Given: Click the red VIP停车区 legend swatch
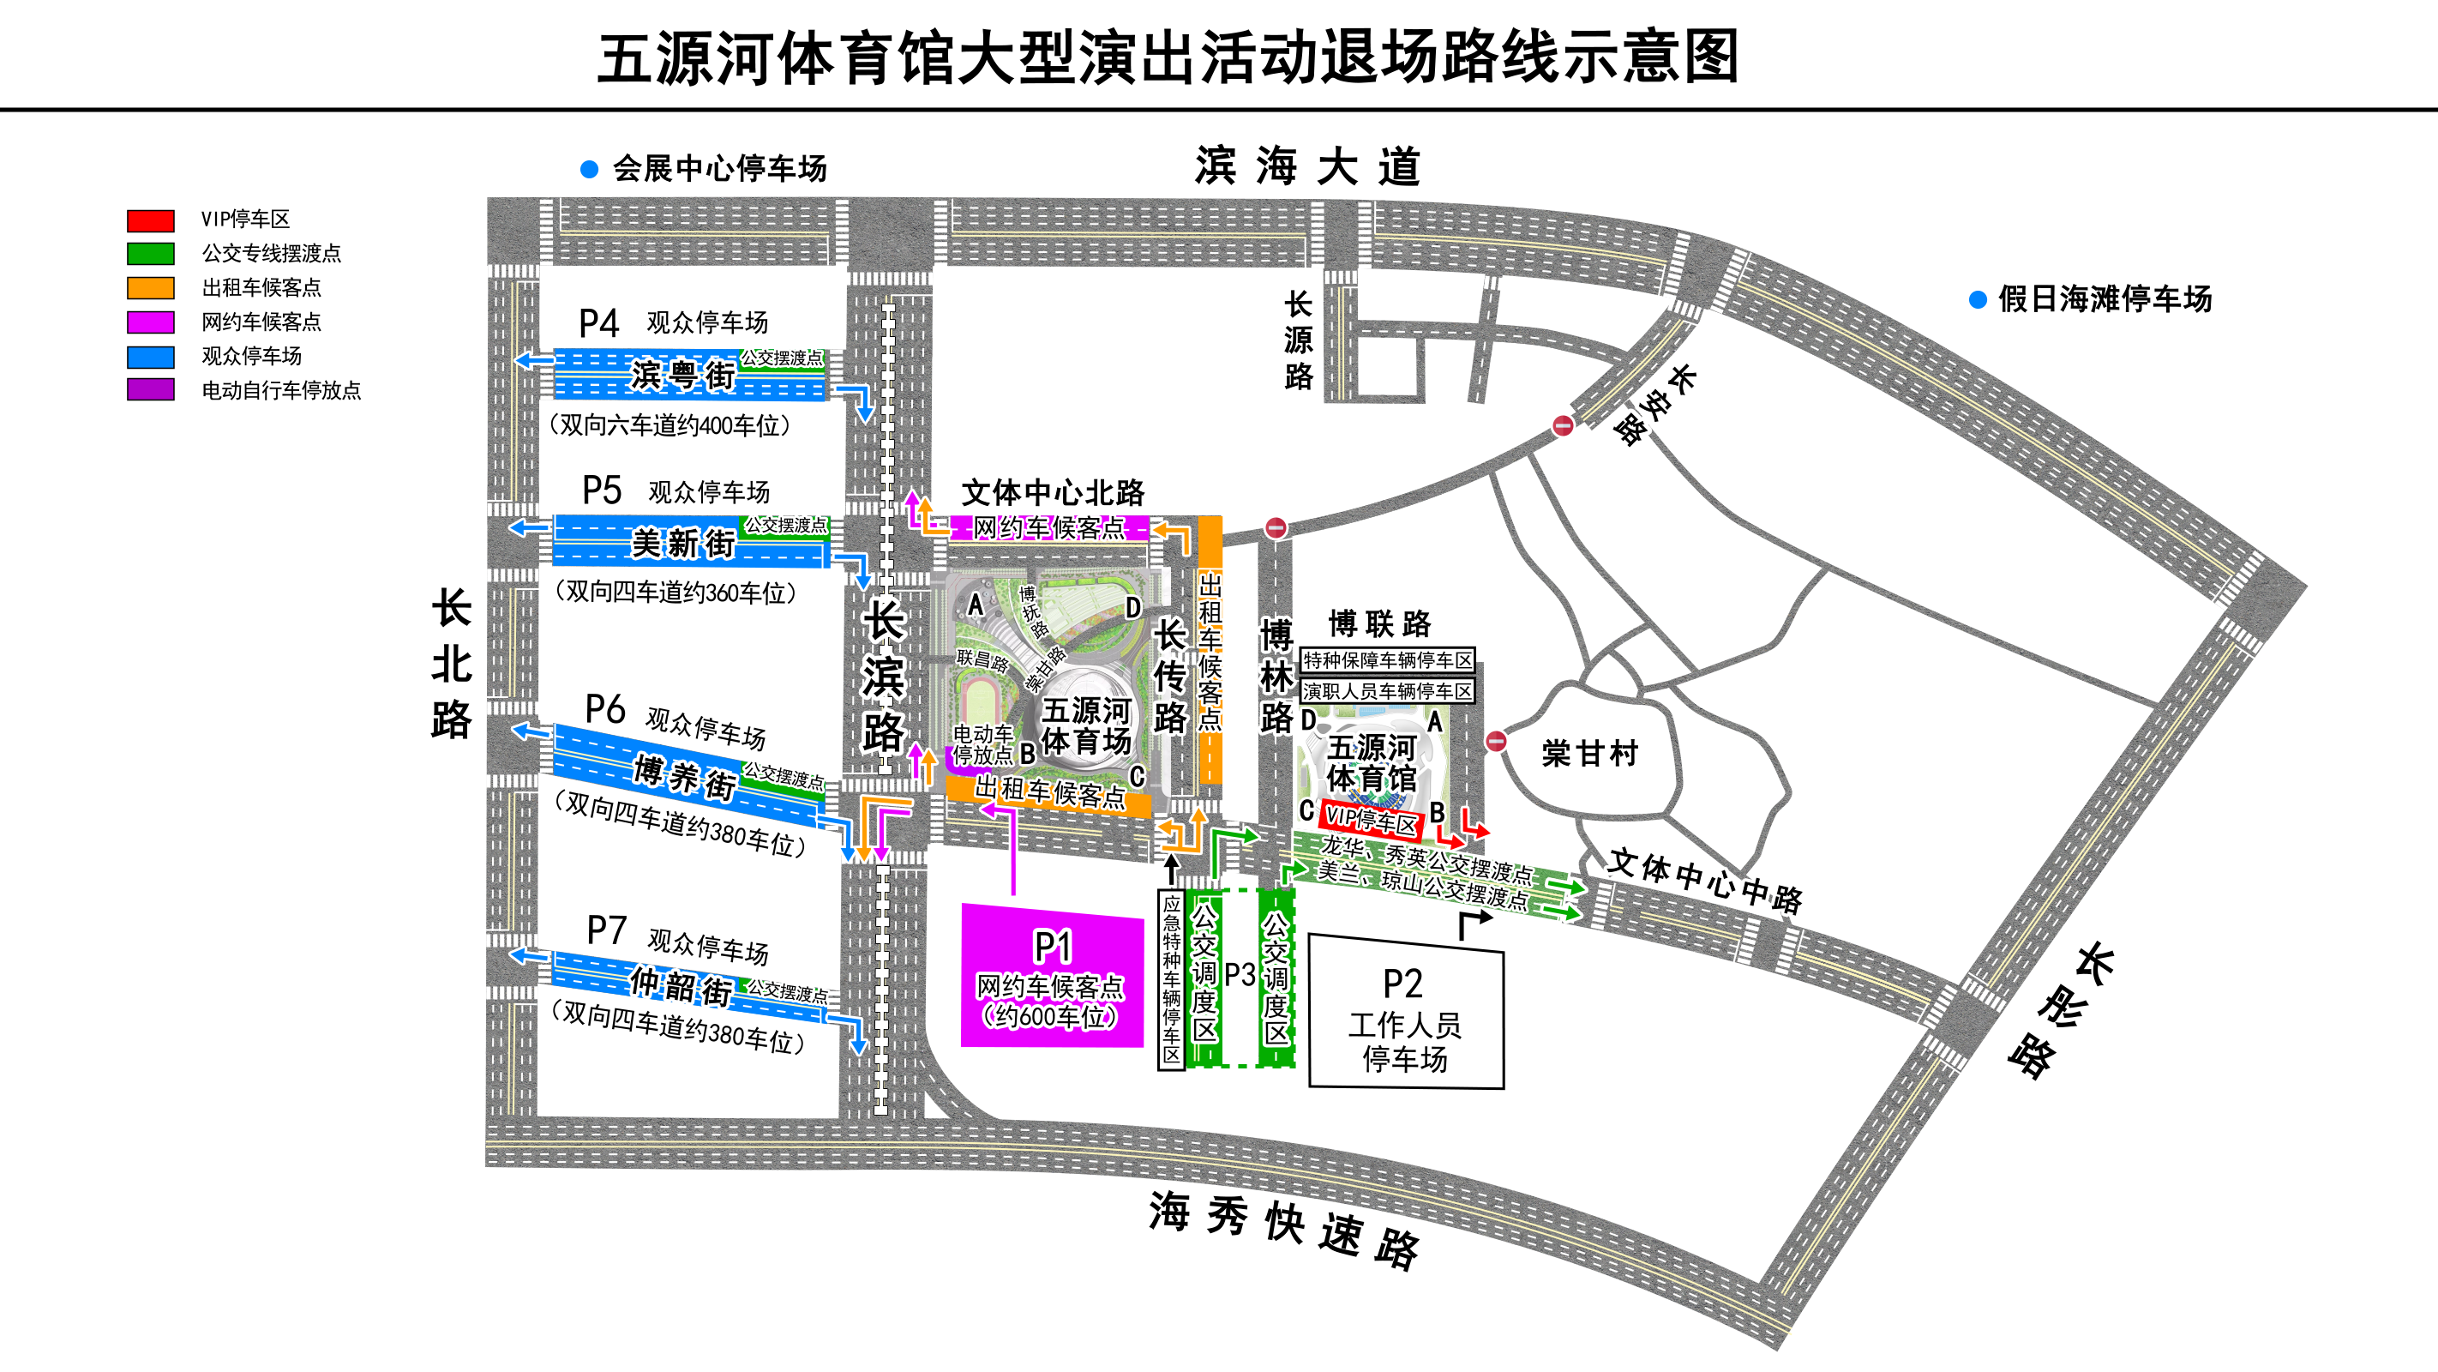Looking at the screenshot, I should click(151, 220).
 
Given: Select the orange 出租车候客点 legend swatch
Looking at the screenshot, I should click(151, 288).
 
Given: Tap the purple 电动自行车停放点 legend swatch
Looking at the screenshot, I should click(151, 390).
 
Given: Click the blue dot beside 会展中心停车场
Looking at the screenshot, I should click(589, 170).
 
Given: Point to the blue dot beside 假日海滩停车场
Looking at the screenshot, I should click(1977, 300).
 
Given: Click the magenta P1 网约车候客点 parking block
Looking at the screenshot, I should click(1052, 976).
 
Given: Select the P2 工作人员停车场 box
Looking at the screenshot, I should click(1405, 1014).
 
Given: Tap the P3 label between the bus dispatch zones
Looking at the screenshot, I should click(1239, 974).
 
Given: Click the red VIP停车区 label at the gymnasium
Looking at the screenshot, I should click(1371, 820).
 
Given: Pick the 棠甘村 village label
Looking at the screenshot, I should click(1589, 754).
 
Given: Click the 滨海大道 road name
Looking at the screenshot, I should click(1307, 167).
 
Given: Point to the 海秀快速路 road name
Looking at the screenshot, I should click(1283, 1227).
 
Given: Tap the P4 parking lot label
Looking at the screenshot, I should click(599, 324).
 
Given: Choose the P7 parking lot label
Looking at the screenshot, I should click(606, 930).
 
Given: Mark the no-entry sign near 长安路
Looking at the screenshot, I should click(1563, 426).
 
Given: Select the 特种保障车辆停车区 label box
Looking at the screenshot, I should click(1388, 660).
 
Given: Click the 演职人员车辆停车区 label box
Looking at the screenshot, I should click(1388, 691).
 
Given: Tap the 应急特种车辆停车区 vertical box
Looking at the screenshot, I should click(1172, 979).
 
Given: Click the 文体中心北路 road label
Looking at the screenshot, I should click(1053, 492).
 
